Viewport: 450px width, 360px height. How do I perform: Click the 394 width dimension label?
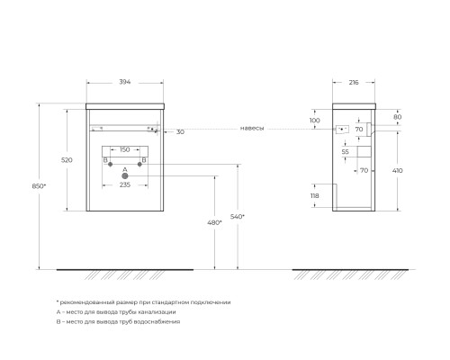(125, 82)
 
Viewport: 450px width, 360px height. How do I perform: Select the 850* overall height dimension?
(35, 186)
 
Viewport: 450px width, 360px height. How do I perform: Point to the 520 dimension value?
(66, 159)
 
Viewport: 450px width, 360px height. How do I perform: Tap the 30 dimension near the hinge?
(180, 131)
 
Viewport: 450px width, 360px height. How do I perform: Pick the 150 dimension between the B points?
(124, 149)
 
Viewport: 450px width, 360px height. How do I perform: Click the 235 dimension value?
(125, 184)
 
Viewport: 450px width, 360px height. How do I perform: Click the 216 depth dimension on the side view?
(353, 82)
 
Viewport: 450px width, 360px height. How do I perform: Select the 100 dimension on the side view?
(315, 121)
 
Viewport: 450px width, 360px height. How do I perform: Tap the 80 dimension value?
(398, 116)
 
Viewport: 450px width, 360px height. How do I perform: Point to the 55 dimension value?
(345, 152)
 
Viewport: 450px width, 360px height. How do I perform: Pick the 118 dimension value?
(315, 195)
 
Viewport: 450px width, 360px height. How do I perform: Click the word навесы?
(252, 128)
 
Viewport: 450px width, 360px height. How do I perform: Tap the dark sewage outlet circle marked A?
(125, 175)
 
